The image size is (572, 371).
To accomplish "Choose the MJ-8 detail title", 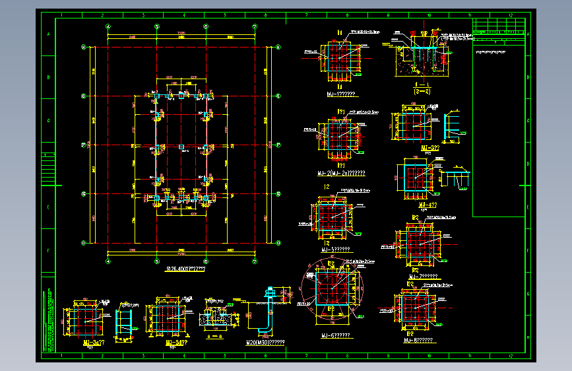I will pyautogui.click(x=418, y=341).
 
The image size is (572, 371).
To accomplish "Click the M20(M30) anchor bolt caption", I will pyautogui.click(x=265, y=343).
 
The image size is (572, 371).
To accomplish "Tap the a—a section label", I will pyautogui.click(x=215, y=335).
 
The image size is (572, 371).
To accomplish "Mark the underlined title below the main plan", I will pyautogui.click(x=185, y=269).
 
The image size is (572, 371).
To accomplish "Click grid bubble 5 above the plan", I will pyautogui.click(x=157, y=26).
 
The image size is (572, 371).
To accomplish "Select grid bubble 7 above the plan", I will pyautogui.click(x=255, y=26).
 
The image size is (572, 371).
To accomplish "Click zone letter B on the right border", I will pyautogui.click(x=530, y=77).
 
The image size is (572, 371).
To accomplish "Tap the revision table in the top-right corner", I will pyautogui.click(x=499, y=27).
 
